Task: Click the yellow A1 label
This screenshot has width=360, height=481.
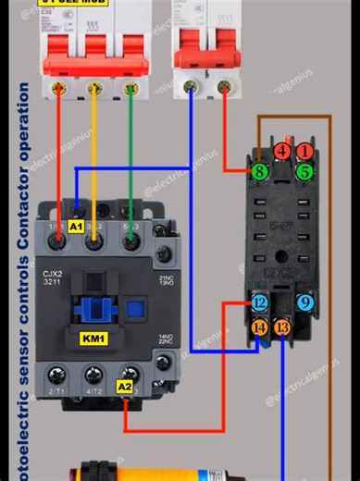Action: [x=76, y=226]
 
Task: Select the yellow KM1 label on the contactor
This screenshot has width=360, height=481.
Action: [x=93, y=339]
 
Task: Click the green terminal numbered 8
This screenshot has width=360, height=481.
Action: [x=260, y=171]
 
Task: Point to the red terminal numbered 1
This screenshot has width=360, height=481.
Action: [x=304, y=152]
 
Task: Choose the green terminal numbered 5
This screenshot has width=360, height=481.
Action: [x=304, y=171]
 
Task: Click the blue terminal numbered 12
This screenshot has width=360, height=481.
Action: [x=259, y=303]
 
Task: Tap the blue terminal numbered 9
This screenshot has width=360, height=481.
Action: [x=305, y=302]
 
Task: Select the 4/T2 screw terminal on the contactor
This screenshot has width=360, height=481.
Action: [x=93, y=376]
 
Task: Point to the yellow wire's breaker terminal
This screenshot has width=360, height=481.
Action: [x=93, y=89]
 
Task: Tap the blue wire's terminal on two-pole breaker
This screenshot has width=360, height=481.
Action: [x=191, y=88]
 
